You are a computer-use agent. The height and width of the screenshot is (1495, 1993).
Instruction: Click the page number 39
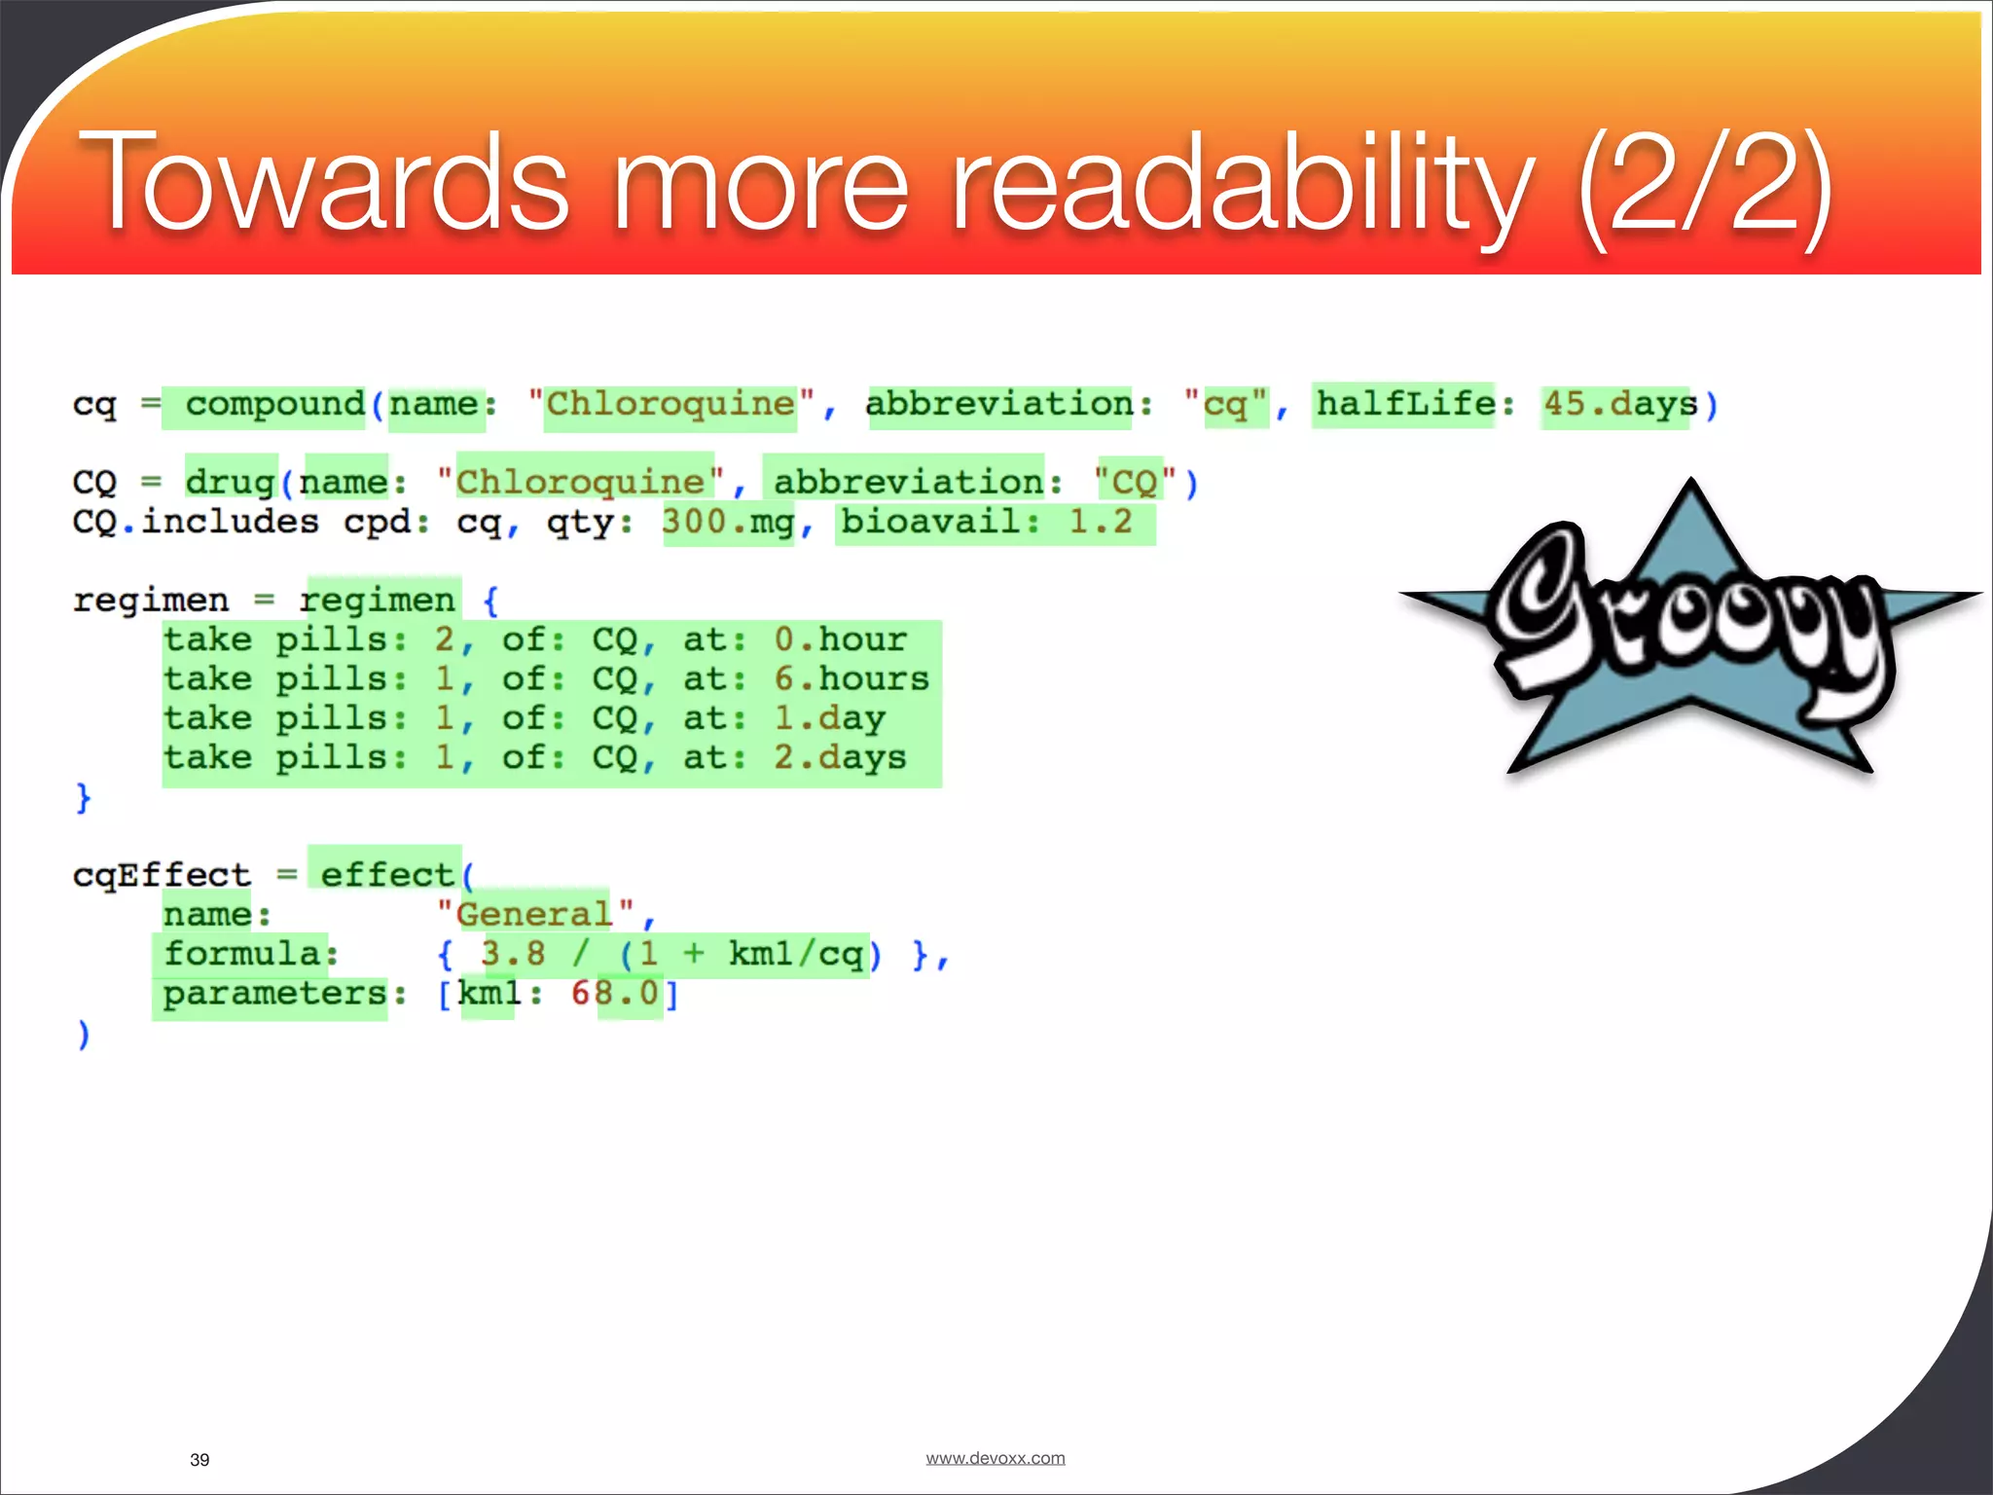coord(199,1459)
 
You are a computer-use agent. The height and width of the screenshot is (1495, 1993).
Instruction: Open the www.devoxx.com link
coord(995,1458)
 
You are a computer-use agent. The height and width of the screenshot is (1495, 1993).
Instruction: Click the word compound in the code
coord(274,404)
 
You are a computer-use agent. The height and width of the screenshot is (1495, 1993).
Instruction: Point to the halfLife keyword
coord(1405,404)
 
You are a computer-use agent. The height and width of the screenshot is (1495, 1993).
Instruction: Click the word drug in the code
coord(231,482)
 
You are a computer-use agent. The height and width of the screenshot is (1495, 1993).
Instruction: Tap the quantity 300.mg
coord(728,523)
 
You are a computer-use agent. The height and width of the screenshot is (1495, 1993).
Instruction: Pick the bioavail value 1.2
coord(1101,523)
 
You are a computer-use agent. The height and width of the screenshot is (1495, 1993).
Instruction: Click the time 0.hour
coord(840,640)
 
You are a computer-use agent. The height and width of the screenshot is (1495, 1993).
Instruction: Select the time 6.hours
coord(852,679)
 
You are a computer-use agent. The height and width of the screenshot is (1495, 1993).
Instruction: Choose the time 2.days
coord(840,757)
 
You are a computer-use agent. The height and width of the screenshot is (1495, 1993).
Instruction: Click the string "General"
coord(534,915)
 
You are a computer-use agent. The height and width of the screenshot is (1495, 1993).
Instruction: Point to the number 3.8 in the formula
coord(513,954)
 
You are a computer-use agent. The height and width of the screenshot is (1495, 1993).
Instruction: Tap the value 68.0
coord(615,994)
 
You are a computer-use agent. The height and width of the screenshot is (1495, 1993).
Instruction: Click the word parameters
coord(275,994)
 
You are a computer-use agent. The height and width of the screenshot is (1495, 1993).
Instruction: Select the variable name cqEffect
coord(162,875)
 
